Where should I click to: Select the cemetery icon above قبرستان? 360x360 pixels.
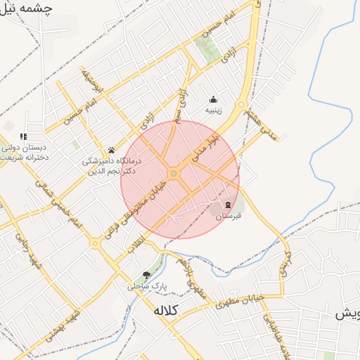227,205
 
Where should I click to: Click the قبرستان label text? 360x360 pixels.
228,216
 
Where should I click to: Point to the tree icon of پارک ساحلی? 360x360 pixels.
146,275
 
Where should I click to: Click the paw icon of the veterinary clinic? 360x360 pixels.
111,150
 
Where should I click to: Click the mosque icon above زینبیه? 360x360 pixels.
214,99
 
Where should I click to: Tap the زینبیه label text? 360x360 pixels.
214,110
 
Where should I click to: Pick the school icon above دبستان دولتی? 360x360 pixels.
23,136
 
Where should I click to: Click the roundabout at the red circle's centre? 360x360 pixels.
174,173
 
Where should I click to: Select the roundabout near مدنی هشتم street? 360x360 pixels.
241,105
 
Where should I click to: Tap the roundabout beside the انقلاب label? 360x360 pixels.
95,243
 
